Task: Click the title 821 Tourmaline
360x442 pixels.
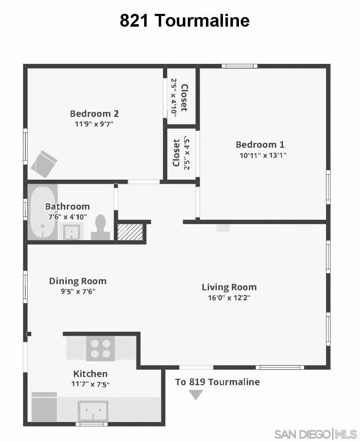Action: pos(184,21)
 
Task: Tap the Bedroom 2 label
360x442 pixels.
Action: pos(94,114)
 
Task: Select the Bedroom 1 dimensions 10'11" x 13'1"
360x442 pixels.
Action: pos(263,155)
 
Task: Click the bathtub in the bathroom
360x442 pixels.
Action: pos(42,212)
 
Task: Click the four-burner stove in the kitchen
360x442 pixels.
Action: pos(100,349)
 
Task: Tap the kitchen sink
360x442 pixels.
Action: pos(93,411)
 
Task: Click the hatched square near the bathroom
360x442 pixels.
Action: pos(130,232)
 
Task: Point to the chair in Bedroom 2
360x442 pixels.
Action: pos(44,164)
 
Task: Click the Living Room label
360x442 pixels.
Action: pos(229,287)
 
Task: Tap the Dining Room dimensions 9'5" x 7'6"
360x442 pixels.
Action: pos(78,292)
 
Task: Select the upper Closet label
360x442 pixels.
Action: pos(184,98)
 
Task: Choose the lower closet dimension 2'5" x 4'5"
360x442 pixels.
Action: pos(187,154)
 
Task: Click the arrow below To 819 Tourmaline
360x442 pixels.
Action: pos(196,394)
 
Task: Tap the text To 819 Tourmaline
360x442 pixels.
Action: pos(217,382)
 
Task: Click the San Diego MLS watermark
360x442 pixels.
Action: pos(315,434)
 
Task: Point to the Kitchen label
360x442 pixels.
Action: pos(90,374)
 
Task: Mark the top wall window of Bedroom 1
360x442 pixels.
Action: pos(240,66)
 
